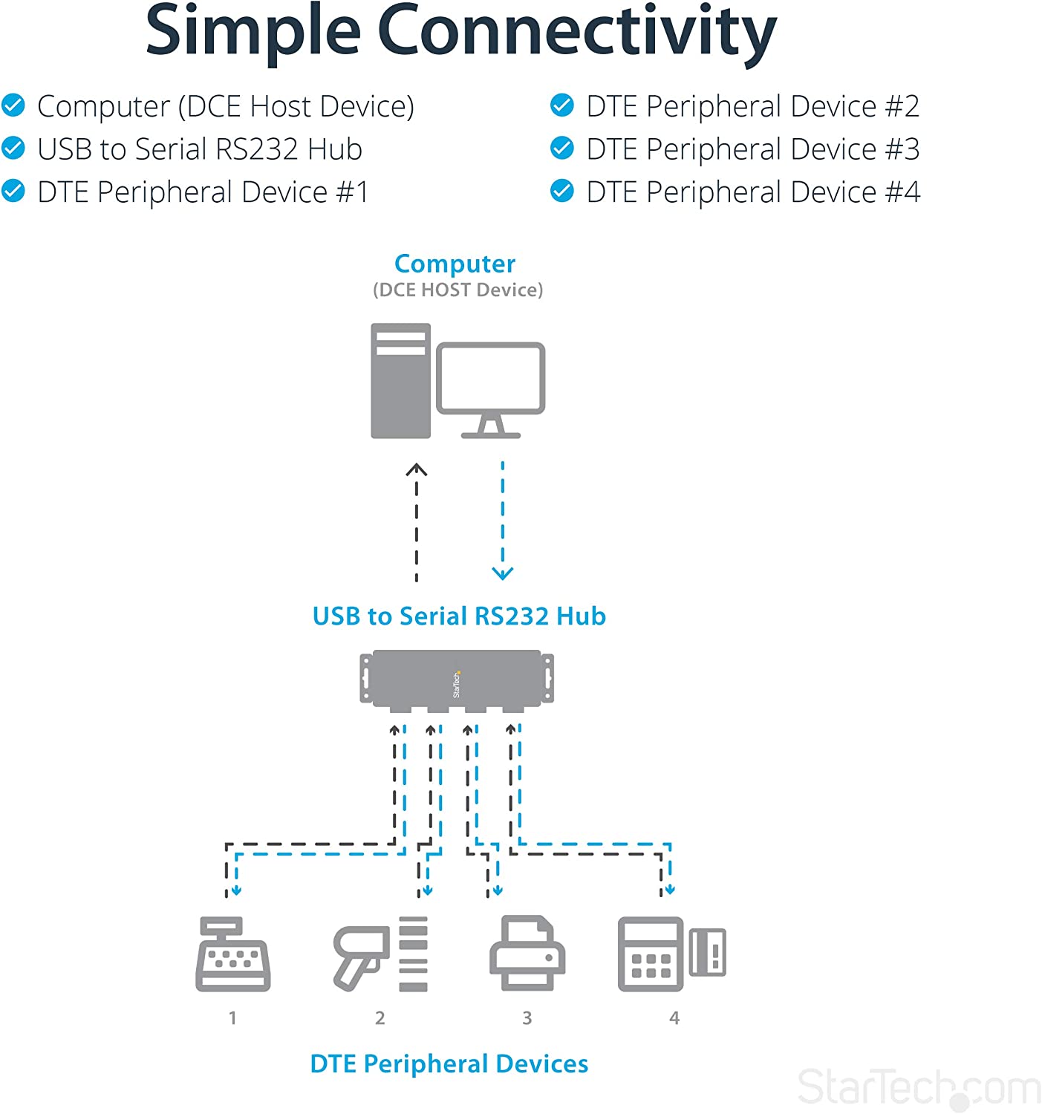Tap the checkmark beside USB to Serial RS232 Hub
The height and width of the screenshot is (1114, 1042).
tap(13, 149)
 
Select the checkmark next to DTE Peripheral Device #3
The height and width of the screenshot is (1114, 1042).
tap(562, 149)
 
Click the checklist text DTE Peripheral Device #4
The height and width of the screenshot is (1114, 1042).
tap(752, 192)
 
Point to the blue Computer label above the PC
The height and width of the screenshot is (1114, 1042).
tap(455, 264)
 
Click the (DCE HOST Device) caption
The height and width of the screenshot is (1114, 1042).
tap(457, 290)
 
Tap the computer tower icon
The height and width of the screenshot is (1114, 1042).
tap(400, 380)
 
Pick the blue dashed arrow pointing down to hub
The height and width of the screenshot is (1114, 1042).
tap(503, 520)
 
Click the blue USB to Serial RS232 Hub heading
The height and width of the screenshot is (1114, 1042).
tap(459, 616)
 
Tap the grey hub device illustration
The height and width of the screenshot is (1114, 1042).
tap(457, 678)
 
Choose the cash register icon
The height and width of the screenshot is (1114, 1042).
tap(232, 955)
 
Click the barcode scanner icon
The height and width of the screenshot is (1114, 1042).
tap(361, 955)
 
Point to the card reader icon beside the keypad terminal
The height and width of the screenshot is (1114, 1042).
tap(707, 952)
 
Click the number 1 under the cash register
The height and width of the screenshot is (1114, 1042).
tap(232, 1018)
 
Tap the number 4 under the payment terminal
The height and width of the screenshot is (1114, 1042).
tap(674, 1018)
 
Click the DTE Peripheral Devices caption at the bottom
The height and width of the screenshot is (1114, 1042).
tap(449, 1064)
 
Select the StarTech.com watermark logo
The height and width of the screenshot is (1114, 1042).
tap(919, 1088)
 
